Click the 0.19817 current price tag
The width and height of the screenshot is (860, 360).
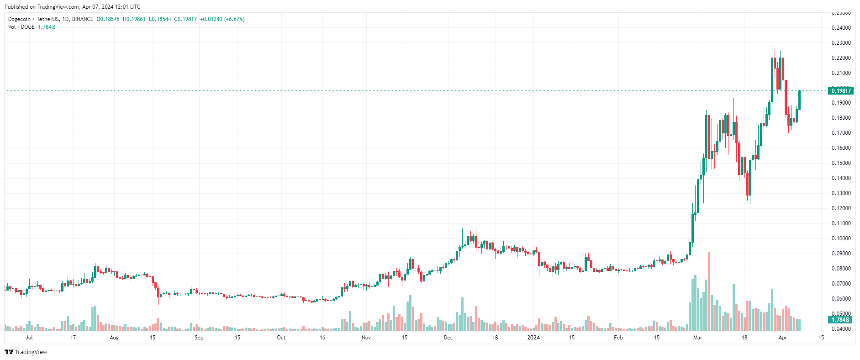840,90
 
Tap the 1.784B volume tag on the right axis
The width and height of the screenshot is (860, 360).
840,320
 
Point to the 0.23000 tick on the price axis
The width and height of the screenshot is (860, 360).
841,43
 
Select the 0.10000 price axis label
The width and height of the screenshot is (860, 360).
841,238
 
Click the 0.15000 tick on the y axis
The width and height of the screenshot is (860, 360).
841,163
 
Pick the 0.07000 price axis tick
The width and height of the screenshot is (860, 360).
841,284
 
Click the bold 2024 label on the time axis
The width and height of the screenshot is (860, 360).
533,338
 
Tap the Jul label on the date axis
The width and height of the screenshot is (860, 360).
29,338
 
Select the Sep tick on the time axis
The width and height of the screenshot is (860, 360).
199,338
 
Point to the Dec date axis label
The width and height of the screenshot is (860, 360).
448,338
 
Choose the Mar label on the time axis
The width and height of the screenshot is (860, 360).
697,338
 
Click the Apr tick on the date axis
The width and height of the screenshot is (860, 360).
782,338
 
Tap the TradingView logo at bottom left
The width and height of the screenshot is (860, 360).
26,352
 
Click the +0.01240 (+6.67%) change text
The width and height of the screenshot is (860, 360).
222,19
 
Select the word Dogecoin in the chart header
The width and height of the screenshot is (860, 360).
19,19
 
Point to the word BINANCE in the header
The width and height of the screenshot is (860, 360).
83,19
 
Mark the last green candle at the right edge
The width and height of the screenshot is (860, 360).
799,100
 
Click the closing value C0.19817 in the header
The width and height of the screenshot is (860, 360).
185,19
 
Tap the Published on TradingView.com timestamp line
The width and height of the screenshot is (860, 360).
72,7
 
